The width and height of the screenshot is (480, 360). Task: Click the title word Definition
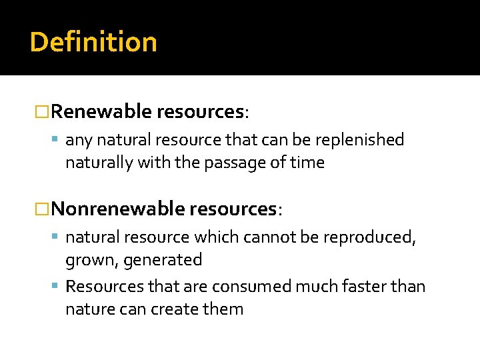[93, 42]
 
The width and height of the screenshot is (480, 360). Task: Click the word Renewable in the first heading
[101, 111]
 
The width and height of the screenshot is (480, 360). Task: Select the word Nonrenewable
[118, 209]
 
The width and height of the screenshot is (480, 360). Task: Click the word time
[307, 163]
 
